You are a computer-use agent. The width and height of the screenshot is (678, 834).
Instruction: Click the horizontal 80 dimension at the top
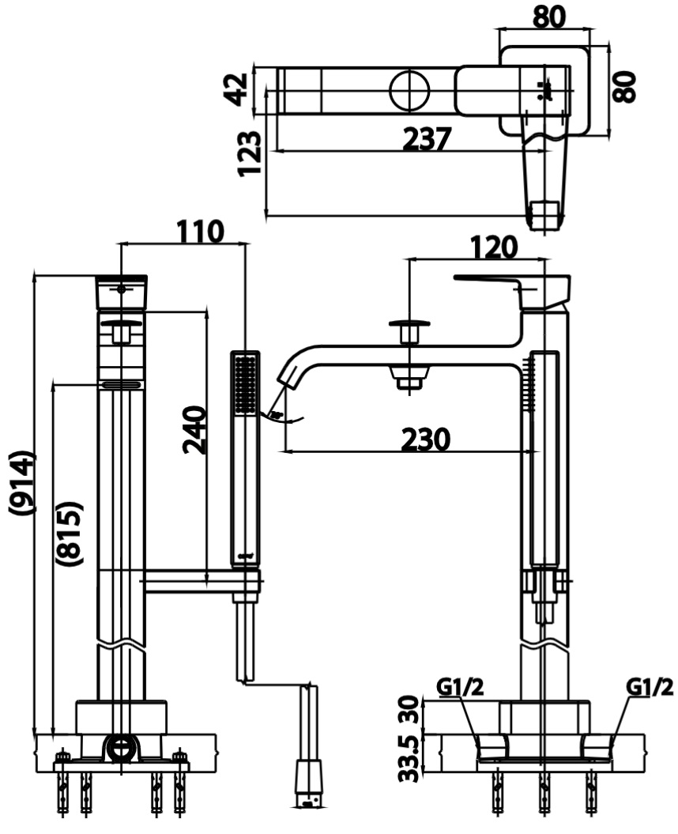coord(548,16)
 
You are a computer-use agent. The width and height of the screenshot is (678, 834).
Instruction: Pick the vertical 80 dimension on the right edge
coord(624,86)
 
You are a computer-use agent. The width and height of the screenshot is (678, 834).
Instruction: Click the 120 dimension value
coord(494,247)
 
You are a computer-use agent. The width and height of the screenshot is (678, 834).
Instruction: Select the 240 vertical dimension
coord(194,429)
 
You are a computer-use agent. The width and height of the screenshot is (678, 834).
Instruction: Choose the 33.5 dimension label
coord(409,757)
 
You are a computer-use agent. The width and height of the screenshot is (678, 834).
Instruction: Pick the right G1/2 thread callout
coord(650,688)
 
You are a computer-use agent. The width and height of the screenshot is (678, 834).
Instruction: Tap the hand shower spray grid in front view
coord(245,383)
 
